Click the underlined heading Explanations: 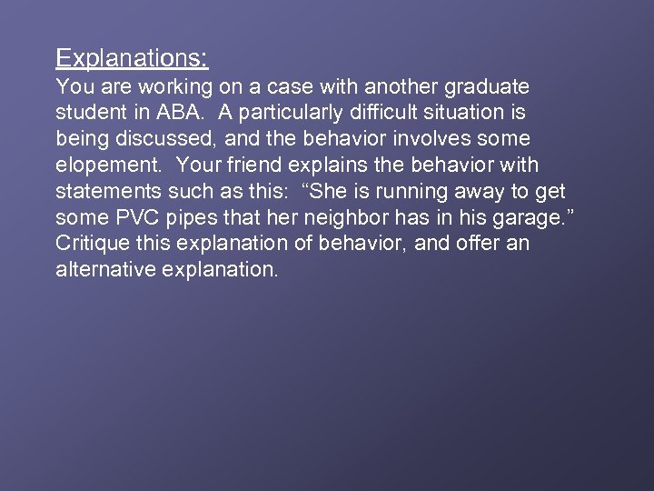(x=132, y=58)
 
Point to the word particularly (x=292, y=114)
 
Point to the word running (x=404, y=193)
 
